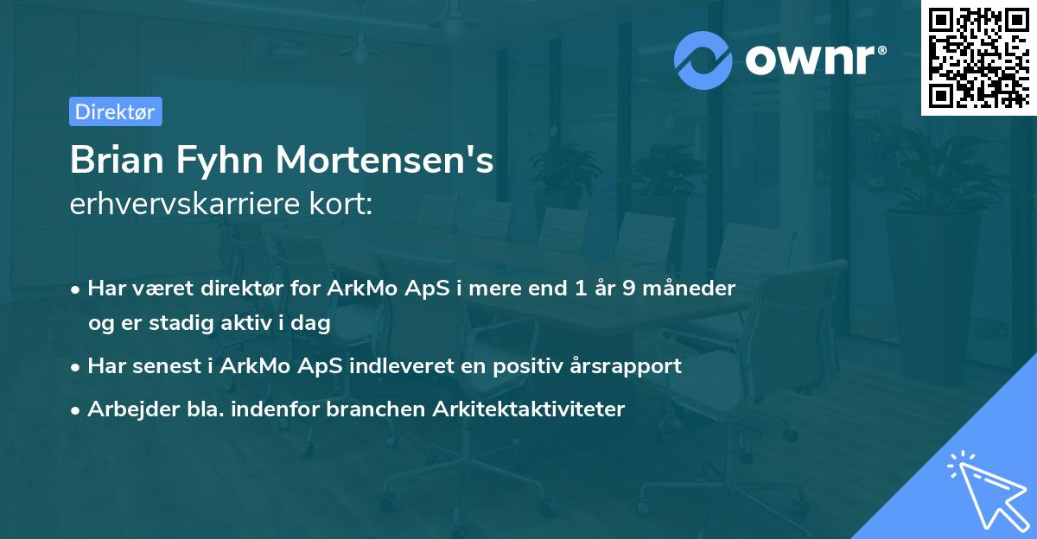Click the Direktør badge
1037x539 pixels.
pyautogui.click(x=115, y=111)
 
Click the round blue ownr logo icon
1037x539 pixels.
pyautogui.click(x=703, y=60)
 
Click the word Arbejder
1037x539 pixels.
pyautogui.click(x=127, y=409)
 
